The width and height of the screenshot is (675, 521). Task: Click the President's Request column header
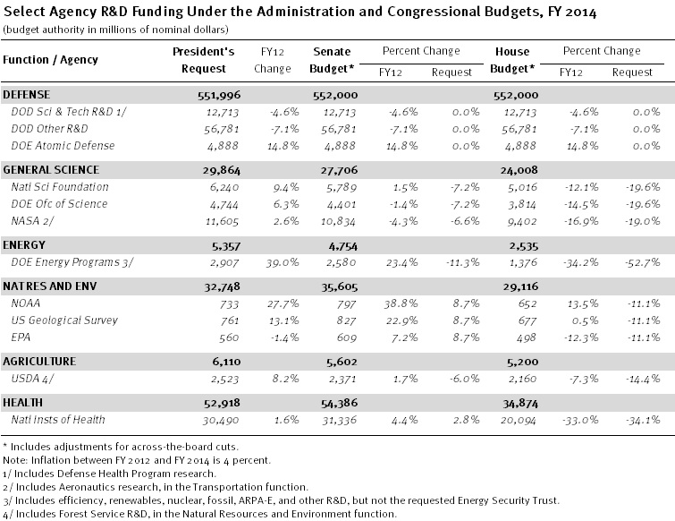click(x=203, y=60)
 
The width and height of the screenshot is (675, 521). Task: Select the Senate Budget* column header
click(x=332, y=60)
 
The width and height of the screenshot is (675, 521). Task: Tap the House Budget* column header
click(x=512, y=60)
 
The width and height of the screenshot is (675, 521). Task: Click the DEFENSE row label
click(x=26, y=95)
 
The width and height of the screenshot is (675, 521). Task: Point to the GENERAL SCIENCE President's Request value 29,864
click(x=221, y=171)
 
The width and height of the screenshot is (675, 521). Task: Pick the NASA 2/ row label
click(x=33, y=221)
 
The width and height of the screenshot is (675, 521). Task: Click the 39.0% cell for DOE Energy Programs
click(x=283, y=263)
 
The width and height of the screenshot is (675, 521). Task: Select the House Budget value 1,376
click(x=523, y=263)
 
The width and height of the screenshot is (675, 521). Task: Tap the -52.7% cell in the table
click(x=642, y=263)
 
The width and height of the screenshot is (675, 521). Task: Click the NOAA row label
click(x=25, y=303)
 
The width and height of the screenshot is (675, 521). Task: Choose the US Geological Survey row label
click(x=64, y=320)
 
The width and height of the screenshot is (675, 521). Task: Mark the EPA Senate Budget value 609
click(x=347, y=337)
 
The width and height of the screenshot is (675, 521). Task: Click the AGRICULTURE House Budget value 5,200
click(x=522, y=363)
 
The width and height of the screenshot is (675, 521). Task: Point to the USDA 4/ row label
click(x=32, y=379)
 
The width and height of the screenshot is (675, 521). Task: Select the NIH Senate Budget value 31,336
click(x=339, y=420)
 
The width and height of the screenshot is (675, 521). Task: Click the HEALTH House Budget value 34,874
click(x=520, y=404)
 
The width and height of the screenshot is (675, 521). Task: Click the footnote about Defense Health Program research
click(x=109, y=474)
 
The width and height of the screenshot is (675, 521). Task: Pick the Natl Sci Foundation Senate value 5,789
click(x=342, y=188)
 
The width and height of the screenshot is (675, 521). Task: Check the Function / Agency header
click(x=50, y=60)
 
